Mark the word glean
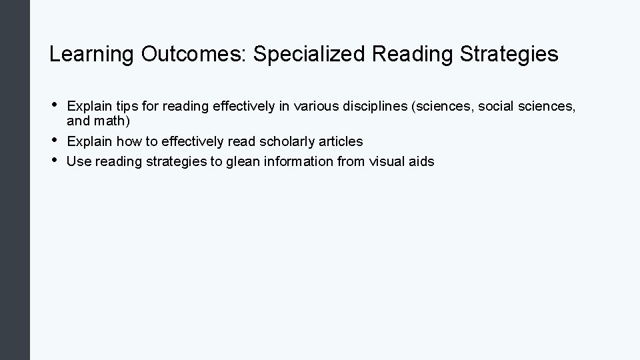point(235,161)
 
